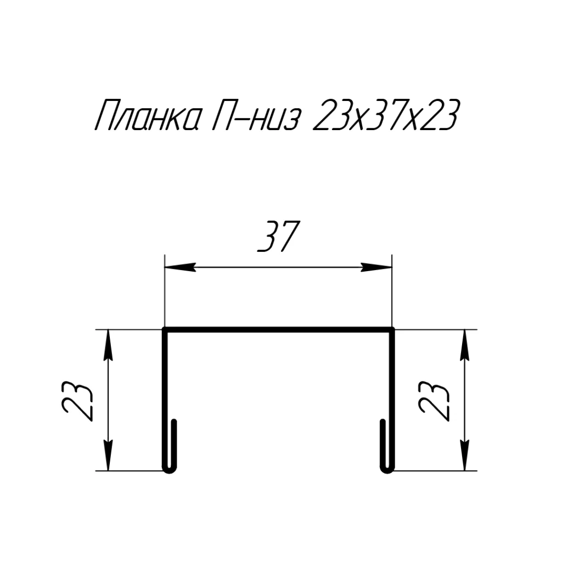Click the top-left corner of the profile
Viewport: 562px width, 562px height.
tap(165, 330)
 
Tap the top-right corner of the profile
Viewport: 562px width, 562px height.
tap(392, 330)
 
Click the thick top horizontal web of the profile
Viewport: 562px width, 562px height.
tap(278, 330)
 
